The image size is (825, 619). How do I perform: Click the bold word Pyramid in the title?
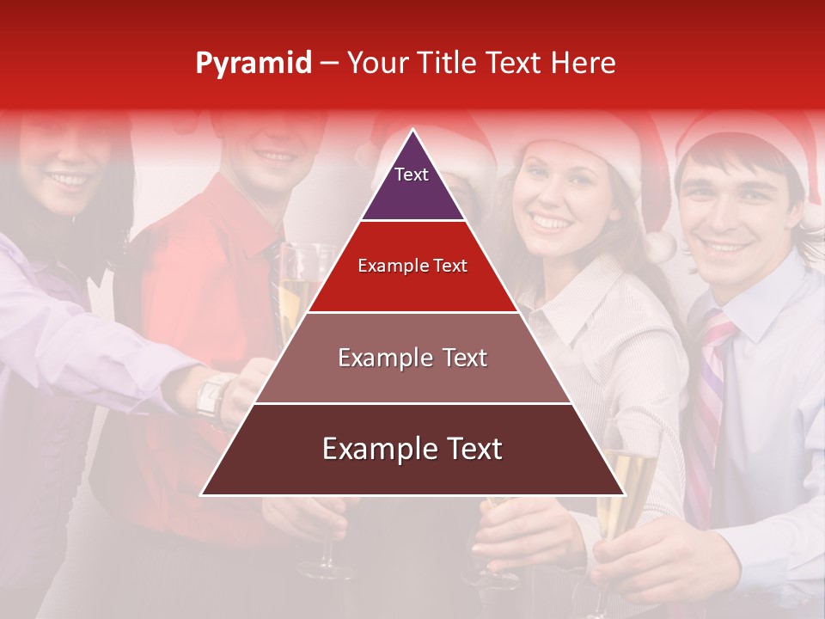253,63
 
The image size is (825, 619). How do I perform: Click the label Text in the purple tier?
411,175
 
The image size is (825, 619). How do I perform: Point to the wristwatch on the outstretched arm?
211,395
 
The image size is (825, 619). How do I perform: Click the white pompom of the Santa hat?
660,246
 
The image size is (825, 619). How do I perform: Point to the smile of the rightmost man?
727,247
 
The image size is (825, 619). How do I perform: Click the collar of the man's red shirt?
249,215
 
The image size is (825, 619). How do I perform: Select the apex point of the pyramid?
413,131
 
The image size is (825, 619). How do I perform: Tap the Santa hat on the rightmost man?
748,138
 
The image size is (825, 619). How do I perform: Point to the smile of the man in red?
275,156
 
